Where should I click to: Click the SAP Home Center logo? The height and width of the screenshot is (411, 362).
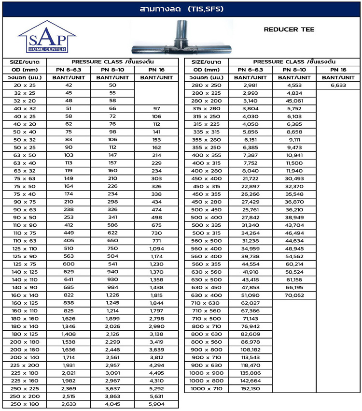pos(47,37)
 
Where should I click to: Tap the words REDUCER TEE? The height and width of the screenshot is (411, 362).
pos(289,29)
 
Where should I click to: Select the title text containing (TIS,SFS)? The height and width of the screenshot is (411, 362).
pos(181,9)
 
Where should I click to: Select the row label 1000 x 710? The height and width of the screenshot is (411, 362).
pos(207,389)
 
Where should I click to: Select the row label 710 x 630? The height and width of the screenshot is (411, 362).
pos(207,303)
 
